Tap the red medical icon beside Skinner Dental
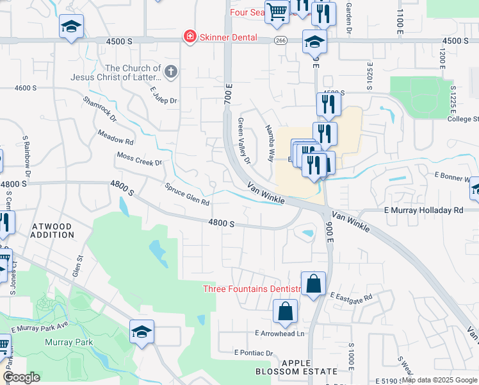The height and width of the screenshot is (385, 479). coord(190,37)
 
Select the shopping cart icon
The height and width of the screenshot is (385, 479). coord(277,12)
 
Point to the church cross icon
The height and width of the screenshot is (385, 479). coord(170,72)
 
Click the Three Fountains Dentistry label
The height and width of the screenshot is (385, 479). coord(252,289)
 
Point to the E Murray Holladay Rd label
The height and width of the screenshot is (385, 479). coord(423,210)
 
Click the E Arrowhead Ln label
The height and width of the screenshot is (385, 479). coord(279,334)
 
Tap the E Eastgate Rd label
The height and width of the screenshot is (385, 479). coord(351,297)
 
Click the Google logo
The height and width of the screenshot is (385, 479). coord(21,377)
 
